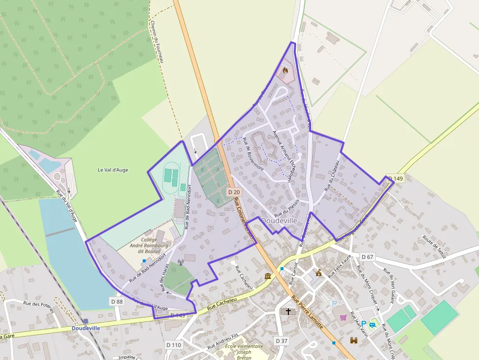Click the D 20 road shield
tap(234, 192)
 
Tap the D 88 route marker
tap(117, 301)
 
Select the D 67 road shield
tap(368, 257)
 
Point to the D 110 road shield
tap(174, 345)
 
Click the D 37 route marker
tap(282, 340)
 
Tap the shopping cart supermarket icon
tap(343, 318)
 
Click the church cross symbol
tap(288, 311)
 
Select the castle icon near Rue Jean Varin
tap(354, 340)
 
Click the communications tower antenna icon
tap(181, 262)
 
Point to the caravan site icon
tap(373, 324)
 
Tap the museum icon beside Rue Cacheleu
tap(268, 276)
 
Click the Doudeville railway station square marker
tap(86, 321)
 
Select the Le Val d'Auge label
tap(113, 170)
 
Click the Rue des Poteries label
tap(38, 303)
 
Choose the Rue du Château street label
tap(332, 175)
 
